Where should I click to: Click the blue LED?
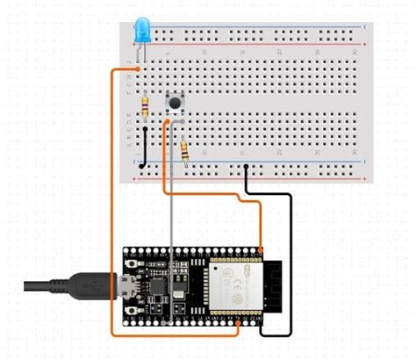140,31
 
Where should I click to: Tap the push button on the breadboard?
175,104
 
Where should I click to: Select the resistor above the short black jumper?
145,107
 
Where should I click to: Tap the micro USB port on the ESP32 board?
126,285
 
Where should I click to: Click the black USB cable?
61,285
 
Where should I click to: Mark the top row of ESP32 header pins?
193,254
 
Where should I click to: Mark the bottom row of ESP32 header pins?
193,321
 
